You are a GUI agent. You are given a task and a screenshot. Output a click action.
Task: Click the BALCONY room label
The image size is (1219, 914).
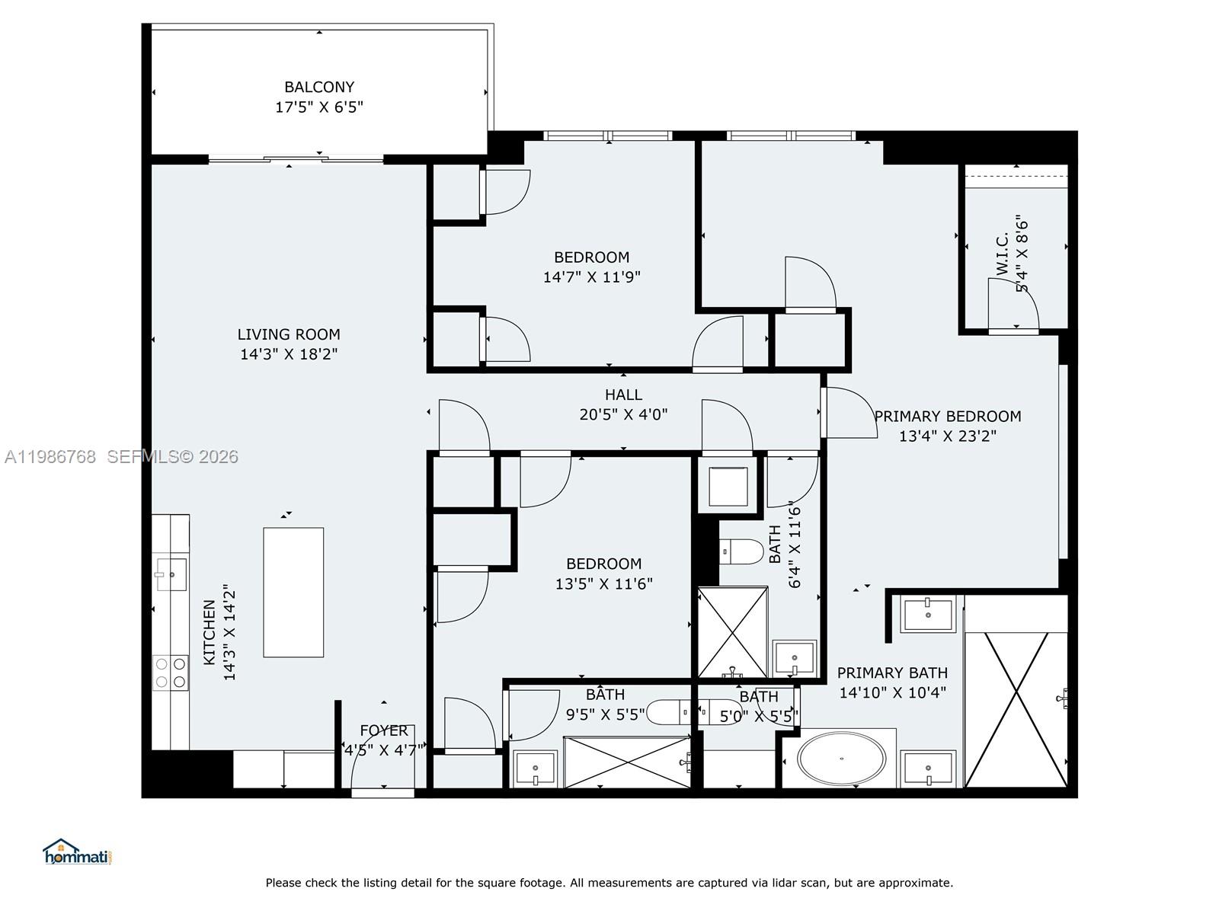coord(319,87)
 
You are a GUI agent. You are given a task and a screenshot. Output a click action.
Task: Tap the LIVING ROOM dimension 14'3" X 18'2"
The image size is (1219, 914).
coord(289,354)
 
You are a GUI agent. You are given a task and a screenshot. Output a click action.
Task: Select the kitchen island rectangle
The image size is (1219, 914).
coord(293,592)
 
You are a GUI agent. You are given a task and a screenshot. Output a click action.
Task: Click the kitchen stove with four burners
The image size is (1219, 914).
coord(171,672)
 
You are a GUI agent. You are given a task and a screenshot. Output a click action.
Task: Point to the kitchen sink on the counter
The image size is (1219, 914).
coord(171,574)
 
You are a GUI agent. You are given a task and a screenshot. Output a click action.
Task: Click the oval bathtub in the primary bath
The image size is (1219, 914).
coord(842,759)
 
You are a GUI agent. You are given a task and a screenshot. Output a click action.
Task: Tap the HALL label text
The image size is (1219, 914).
coord(623,395)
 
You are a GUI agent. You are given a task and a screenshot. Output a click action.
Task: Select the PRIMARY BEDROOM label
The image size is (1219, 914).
coord(947,417)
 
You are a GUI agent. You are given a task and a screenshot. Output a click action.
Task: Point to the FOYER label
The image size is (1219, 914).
coord(384,730)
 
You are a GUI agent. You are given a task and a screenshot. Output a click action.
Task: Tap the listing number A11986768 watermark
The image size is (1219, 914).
coord(50,457)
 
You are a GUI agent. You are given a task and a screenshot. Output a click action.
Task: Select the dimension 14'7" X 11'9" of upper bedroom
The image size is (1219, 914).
coord(591,277)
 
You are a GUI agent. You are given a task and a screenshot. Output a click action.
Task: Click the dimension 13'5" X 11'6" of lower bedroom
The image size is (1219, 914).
coord(603,584)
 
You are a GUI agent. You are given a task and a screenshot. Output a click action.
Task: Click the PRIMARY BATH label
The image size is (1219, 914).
coord(892,673)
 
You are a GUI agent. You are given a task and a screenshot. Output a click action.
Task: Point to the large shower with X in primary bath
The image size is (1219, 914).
coord(1016,709)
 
